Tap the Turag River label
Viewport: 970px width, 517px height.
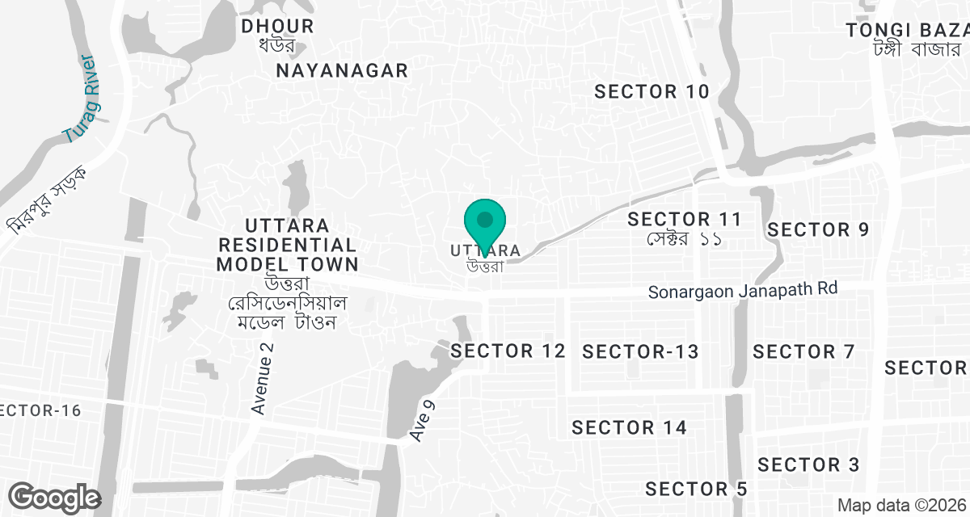point(81,99)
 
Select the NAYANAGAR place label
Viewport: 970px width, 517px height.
point(342,70)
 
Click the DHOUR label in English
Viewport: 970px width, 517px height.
point(278,27)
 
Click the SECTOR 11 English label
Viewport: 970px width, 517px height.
point(684,219)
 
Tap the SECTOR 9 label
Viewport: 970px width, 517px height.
point(817,229)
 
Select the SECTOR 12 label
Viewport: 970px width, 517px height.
point(508,351)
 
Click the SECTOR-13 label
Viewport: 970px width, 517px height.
point(640,351)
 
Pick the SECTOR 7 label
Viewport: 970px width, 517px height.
point(803,351)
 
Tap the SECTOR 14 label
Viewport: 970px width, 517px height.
point(629,427)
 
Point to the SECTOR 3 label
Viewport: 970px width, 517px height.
point(808,464)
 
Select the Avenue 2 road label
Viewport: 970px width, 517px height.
point(263,378)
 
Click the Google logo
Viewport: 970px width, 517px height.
point(54,497)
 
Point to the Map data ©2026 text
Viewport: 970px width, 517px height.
point(900,505)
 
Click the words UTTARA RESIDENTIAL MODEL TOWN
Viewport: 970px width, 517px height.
point(287,244)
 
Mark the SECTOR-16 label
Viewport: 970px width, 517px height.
point(40,410)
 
